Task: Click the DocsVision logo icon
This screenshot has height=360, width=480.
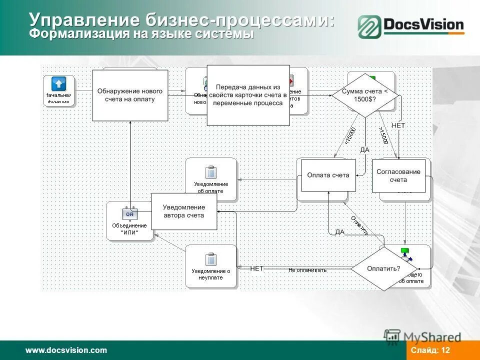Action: [369, 26]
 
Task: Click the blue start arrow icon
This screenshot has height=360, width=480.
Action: [59, 84]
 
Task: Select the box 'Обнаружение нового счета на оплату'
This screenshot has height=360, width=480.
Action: [130, 95]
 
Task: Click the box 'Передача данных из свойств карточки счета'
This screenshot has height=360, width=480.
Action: [248, 95]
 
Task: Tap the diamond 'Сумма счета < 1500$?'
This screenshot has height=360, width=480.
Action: [365, 95]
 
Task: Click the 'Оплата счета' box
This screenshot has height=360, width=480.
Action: [328, 175]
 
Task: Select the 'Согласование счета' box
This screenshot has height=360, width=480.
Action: [398, 175]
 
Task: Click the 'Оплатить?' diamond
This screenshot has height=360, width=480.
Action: [383, 268]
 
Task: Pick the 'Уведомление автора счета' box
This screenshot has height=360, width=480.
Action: [184, 211]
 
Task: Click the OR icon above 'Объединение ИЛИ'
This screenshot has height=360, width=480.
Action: [129, 214]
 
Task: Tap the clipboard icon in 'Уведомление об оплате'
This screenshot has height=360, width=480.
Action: [211, 173]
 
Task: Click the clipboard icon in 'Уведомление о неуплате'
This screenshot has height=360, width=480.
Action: [211, 259]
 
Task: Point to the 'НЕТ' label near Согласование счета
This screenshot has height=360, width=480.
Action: [398, 126]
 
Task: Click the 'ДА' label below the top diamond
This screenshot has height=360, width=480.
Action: [364, 149]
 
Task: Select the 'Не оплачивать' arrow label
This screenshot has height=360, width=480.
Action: [307, 270]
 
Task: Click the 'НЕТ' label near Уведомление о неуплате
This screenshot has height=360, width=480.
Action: [256, 268]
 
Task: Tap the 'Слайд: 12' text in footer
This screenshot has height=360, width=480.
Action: [430, 350]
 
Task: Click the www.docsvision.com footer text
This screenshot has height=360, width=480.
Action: [66, 350]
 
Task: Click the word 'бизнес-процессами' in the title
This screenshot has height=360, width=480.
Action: [239, 20]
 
